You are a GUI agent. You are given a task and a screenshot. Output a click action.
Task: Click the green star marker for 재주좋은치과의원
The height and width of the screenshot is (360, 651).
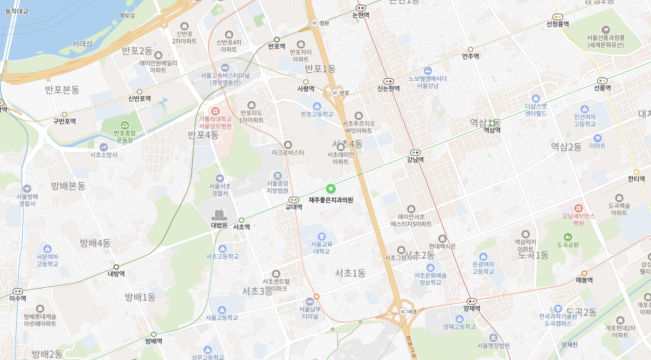tap(330, 189)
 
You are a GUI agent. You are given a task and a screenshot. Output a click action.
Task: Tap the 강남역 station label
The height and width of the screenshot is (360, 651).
tap(415, 160)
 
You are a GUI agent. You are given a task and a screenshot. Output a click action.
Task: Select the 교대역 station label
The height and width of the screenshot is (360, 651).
tap(294, 207)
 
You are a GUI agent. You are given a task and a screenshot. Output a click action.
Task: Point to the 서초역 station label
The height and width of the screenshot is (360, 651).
tap(241, 227)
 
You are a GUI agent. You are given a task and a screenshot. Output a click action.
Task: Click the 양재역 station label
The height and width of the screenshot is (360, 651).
tap(472, 308)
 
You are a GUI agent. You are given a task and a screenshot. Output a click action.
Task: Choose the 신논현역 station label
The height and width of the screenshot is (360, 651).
tap(388, 88)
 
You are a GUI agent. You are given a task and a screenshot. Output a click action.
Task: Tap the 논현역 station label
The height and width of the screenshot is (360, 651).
tap(361, 15)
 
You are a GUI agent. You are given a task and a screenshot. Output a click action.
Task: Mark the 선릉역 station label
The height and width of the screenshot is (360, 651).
tap(602, 88)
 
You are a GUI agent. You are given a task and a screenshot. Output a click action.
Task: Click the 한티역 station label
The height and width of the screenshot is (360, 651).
tap(636, 179)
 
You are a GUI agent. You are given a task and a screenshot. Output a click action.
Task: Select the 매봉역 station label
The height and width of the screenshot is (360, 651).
tap(584, 280)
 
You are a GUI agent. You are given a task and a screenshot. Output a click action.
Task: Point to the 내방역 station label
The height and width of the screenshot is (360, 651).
tap(117, 274)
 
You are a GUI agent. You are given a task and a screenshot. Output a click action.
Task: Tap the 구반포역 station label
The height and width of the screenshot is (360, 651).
tap(65, 121)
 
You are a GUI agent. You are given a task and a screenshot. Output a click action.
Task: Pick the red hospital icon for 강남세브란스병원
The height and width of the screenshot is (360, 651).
tap(578, 208)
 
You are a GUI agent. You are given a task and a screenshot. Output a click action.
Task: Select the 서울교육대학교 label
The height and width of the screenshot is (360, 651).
tap(321, 247)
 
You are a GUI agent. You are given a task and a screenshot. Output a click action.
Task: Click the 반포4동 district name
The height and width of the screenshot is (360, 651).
tap(203, 135)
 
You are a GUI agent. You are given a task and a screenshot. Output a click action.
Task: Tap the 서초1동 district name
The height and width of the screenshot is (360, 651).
tap(350, 272)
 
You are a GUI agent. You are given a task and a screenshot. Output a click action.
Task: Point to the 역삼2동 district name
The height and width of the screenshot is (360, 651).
tap(566, 146)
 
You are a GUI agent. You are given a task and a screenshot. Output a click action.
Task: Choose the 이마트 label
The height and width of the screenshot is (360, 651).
tap(597, 146)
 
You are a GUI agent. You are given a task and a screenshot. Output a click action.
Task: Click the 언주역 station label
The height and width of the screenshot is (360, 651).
tap(470, 57)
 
